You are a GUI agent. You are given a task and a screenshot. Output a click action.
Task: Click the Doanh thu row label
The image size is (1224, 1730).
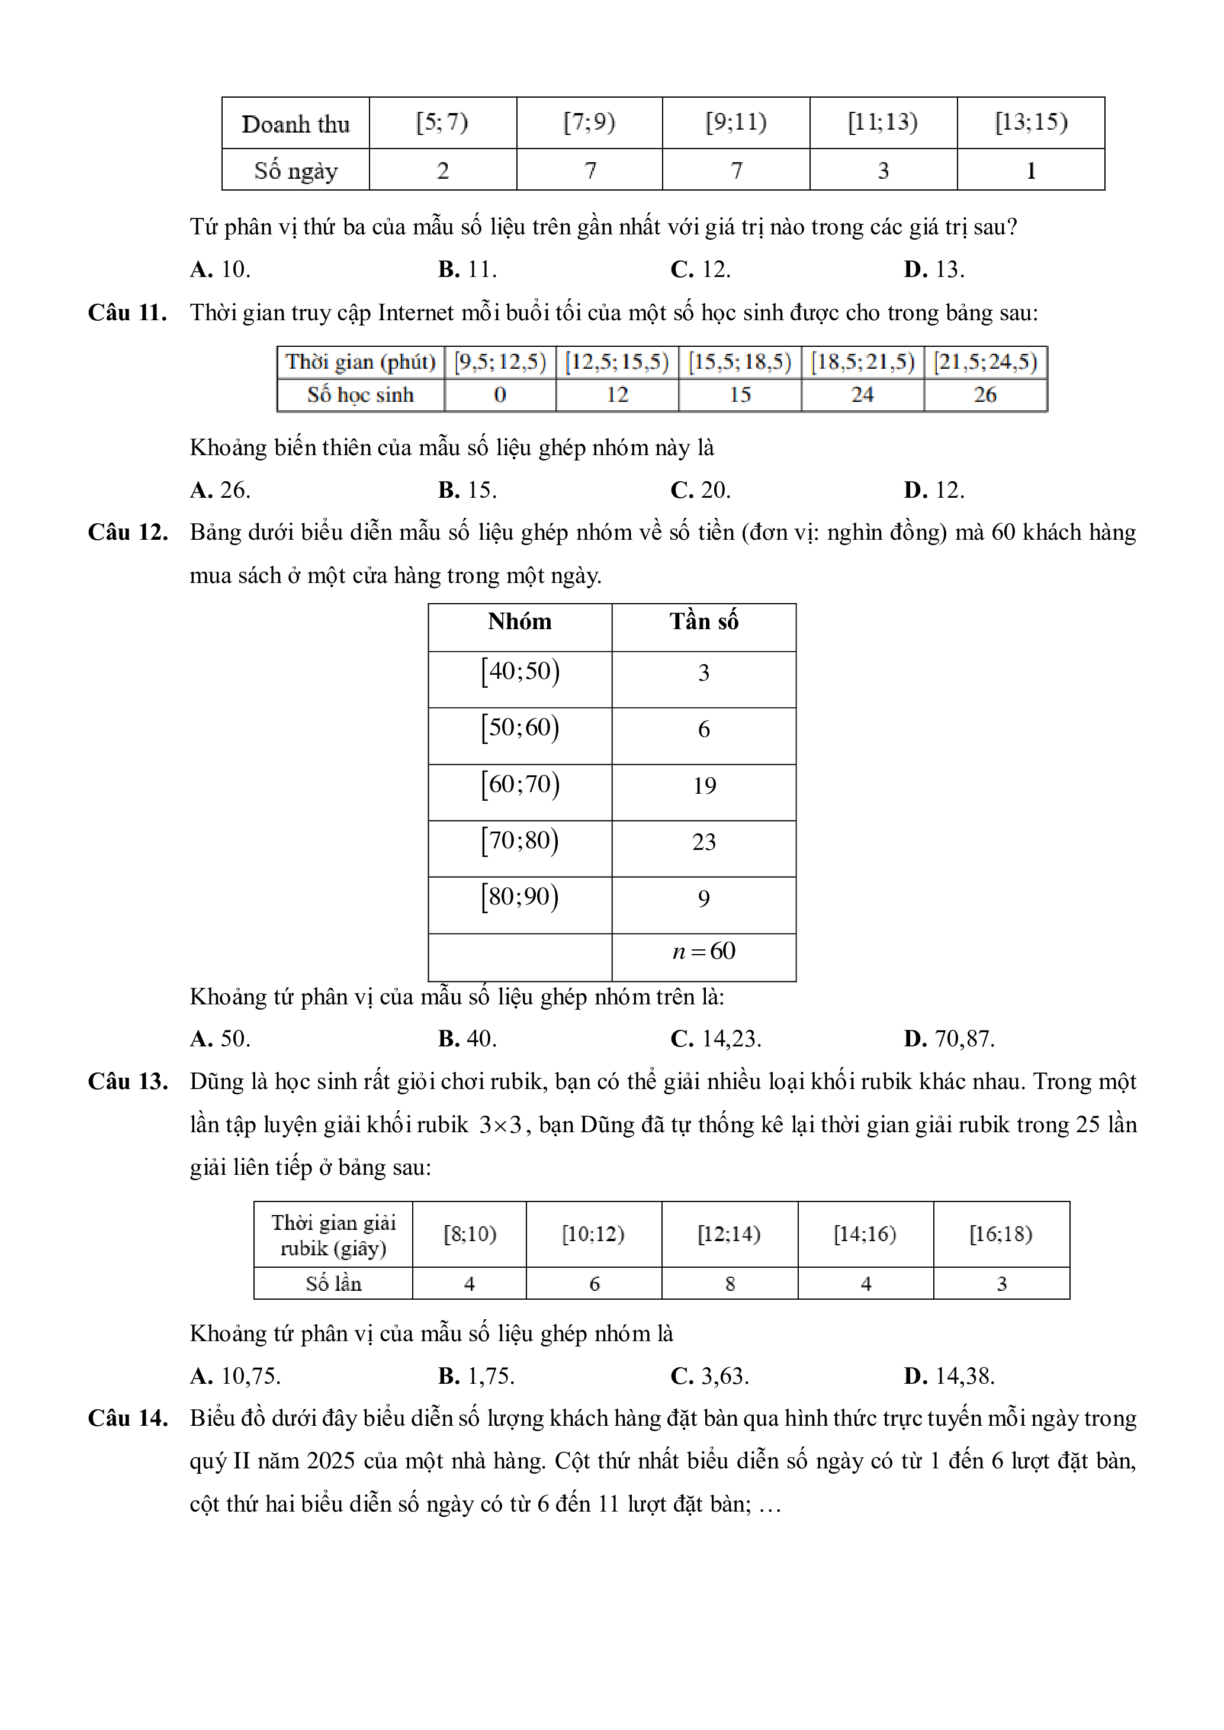coord(295,124)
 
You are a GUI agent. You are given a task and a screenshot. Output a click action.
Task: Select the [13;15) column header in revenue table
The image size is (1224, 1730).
coord(1030,122)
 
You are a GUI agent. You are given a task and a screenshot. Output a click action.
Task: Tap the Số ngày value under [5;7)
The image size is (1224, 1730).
coord(442,170)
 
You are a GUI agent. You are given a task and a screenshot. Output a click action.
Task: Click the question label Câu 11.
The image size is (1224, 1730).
coord(127,313)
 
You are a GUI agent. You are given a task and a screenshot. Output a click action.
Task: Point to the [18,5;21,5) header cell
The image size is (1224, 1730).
coord(862,362)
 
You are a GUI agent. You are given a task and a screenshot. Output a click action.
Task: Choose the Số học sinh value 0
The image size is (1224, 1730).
coord(500,395)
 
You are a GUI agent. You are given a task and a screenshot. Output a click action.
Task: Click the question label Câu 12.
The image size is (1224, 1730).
coord(127,533)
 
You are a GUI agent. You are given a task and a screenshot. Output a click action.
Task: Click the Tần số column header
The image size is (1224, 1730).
coord(703,621)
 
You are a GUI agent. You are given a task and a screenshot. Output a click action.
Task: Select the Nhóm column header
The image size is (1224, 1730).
coord(519,621)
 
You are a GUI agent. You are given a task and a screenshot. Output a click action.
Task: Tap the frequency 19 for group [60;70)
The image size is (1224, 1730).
coord(704,786)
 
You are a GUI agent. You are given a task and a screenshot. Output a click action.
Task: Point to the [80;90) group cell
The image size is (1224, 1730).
coord(520,897)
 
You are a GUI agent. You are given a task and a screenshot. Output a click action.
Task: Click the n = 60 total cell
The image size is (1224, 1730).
coord(704,952)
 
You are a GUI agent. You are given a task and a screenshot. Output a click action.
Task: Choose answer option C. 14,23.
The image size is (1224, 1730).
coord(716,1039)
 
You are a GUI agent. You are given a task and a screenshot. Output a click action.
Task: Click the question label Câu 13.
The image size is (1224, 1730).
coord(127,1082)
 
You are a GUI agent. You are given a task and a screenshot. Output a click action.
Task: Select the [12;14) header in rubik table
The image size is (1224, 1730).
coord(729,1234)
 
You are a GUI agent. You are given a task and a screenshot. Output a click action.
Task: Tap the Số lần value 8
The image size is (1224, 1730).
coord(730,1284)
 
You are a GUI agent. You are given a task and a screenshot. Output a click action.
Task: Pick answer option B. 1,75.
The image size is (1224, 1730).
coord(476,1377)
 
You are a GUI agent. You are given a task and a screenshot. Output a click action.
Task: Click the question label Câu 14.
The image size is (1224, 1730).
coord(127,1419)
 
